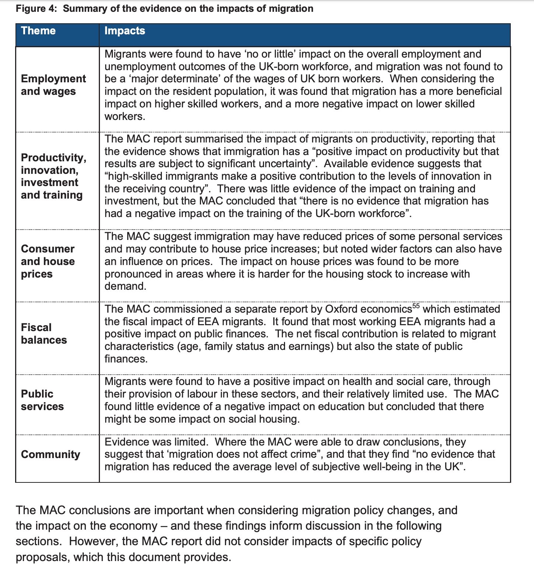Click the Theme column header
point(38,31)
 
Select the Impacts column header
point(125,31)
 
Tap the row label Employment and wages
point(53,85)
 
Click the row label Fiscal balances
point(44,334)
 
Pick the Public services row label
point(42,400)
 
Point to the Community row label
point(51,454)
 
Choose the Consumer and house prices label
point(48,261)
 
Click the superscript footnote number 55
point(416,306)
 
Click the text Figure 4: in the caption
point(37,8)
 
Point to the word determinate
point(163,79)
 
